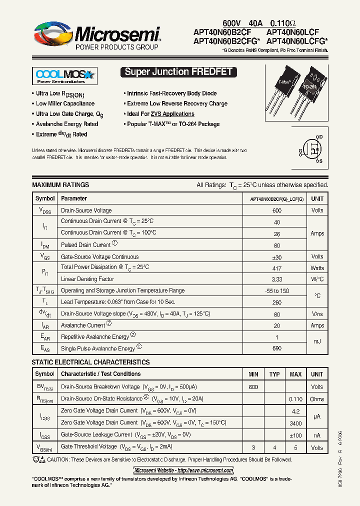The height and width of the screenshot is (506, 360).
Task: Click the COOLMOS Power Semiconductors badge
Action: pos(64,76)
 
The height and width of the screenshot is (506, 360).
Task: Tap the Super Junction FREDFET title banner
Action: pos(178,72)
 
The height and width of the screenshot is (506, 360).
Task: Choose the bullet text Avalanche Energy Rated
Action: pos(67,124)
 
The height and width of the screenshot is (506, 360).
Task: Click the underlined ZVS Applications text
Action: pos(172,114)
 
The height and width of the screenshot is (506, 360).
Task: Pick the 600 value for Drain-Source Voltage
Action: pos(276,210)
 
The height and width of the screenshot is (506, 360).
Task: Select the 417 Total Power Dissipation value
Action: pos(276,268)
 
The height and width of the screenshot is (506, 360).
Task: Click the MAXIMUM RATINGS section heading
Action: pos(60,185)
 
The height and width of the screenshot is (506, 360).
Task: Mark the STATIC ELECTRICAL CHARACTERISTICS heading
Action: pos(90,362)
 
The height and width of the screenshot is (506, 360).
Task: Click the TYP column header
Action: pos(274,374)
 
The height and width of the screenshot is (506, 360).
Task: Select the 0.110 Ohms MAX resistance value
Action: pos(295,399)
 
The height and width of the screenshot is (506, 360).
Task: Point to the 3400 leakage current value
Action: pos(295,423)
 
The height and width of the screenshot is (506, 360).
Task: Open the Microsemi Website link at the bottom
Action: pos(183,470)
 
